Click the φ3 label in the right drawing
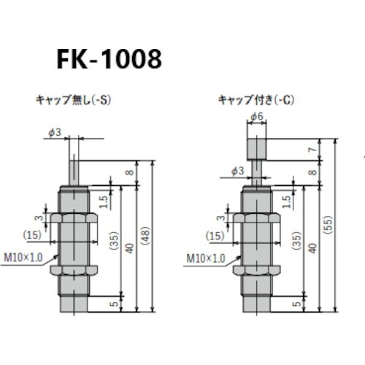tap(236, 172)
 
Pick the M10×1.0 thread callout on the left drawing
tap(28, 256)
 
